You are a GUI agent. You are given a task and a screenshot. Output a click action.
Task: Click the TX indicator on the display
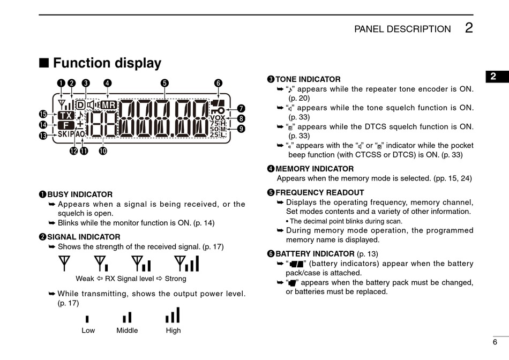click(x=66, y=115)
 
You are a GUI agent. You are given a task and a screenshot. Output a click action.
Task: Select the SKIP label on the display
click(x=66, y=134)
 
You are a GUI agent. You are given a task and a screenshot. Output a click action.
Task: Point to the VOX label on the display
click(x=218, y=117)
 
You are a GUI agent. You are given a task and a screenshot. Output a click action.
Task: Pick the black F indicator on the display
click(x=66, y=125)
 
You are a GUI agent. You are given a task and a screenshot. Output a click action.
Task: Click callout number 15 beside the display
click(x=43, y=114)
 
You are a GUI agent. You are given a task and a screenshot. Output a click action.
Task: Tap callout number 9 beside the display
click(x=241, y=129)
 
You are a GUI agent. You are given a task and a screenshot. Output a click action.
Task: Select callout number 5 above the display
click(x=164, y=83)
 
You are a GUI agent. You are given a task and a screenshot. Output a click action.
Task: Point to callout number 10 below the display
click(x=102, y=151)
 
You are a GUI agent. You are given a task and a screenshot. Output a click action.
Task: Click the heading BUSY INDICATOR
click(x=80, y=194)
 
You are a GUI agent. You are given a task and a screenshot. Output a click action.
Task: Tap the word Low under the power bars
click(x=88, y=331)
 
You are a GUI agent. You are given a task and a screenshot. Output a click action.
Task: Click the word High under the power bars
click(x=173, y=331)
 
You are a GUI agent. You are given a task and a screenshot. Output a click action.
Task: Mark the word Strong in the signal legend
click(x=176, y=279)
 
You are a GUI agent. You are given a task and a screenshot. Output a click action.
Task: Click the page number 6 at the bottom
click(x=495, y=342)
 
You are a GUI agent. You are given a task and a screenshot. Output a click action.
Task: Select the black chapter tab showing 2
click(x=493, y=77)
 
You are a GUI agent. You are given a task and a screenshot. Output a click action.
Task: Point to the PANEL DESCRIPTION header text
click(x=402, y=29)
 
